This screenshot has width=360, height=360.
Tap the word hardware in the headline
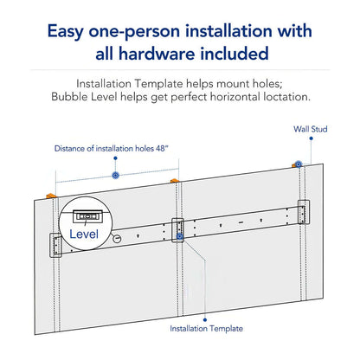[x=164, y=54]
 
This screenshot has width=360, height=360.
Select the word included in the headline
[x=237, y=54]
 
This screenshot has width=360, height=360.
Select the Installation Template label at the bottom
[x=206, y=328]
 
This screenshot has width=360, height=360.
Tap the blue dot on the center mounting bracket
[x=179, y=235]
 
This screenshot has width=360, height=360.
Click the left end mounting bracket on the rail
[x=56, y=245]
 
